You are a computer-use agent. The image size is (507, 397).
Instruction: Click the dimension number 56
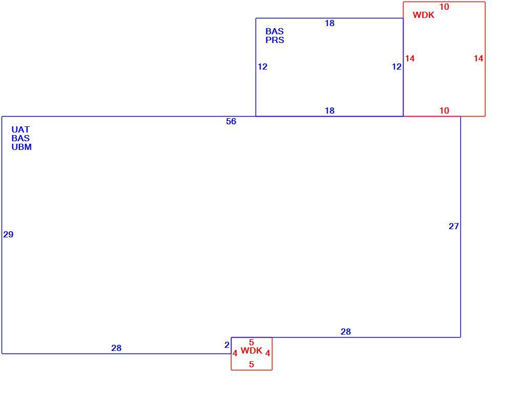(231, 121)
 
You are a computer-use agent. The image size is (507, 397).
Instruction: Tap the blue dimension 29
(8, 234)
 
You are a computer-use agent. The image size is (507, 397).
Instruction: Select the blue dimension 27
(454, 227)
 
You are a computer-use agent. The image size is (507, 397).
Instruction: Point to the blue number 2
(227, 345)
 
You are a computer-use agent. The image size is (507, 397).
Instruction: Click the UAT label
(20, 129)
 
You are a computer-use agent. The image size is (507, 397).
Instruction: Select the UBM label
(22, 147)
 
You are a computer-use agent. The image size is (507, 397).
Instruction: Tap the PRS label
(275, 40)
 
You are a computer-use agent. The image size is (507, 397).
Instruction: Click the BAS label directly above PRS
(274, 31)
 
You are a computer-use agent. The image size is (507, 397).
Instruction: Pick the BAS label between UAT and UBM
(20, 138)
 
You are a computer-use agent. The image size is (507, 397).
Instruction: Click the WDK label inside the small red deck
(251, 350)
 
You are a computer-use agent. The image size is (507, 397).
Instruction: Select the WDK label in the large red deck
(424, 15)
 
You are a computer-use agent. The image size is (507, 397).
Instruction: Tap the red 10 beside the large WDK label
(445, 7)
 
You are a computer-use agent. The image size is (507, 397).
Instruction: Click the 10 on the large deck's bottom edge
(445, 111)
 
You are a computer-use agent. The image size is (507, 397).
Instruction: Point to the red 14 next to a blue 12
(410, 58)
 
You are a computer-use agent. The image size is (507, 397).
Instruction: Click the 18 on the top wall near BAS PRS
(329, 23)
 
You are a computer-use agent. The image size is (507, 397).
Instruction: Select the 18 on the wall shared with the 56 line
(329, 111)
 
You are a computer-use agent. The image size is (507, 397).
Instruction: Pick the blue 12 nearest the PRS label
(263, 67)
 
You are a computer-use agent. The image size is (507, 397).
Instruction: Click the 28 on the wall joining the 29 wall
(116, 348)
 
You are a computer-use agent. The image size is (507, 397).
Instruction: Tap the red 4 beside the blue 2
(235, 354)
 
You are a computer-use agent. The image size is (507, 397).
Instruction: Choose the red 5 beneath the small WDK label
(251, 364)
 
